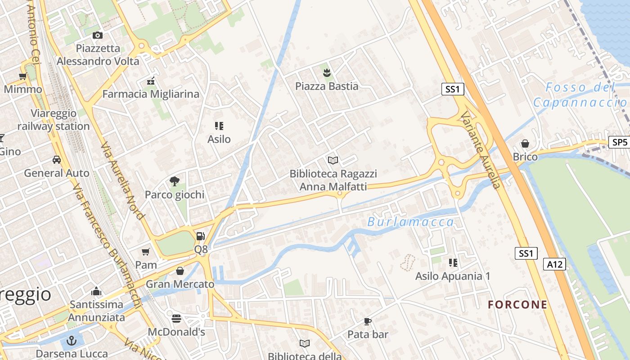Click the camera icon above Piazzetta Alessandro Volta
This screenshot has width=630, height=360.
(x=97, y=35)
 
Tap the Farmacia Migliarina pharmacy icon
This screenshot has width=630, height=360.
(x=151, y=81)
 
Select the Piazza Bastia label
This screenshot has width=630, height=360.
(x=327, y=86)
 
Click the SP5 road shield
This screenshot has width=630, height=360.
(x=619, y=142)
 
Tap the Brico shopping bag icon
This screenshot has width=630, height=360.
(x=525, y=144)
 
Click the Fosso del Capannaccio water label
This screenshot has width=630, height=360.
(x=580, y=95)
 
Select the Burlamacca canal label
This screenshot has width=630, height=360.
(x=410, y=222)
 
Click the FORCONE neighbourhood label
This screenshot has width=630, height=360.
(x=517, y=305)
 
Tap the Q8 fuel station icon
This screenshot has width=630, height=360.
(x=201, y=236)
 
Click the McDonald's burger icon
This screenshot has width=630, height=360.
(x=176, y=319)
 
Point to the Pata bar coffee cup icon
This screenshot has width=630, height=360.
(x=368, y=321)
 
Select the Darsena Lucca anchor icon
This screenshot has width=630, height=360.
(x=72, y=341)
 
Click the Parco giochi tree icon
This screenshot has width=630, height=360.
(x=174, y=181)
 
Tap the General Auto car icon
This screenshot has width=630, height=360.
(x=57, y=160)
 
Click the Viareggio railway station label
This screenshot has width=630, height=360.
(x=54, y=120)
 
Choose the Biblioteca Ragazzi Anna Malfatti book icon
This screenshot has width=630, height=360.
(x=333, y=160)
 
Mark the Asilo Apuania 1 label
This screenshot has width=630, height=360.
(x=453, y=276)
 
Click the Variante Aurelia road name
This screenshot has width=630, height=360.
(x=480, y=151)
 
